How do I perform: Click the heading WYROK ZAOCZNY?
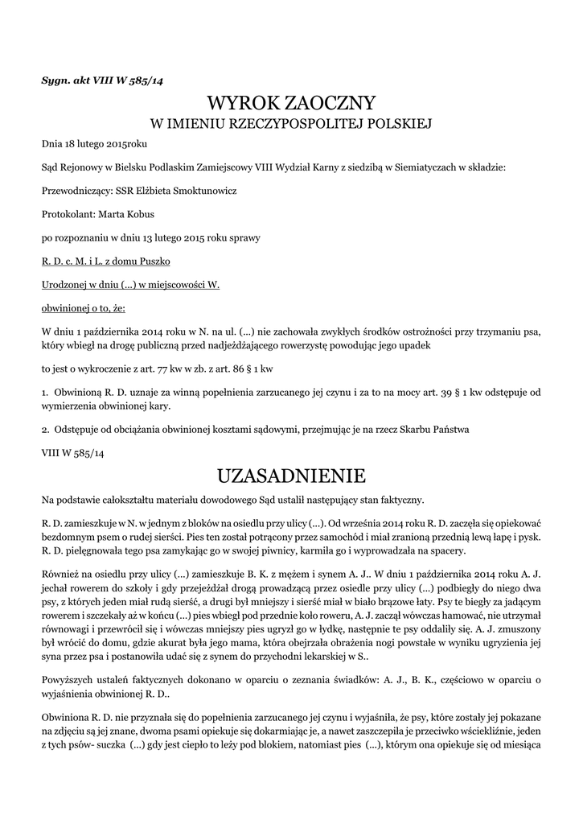pos(291,103)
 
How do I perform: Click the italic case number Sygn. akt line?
pos(103,79)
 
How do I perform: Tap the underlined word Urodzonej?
pos(63,285)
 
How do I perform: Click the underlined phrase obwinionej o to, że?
pos(83,308)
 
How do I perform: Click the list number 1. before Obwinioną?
pos(46,390)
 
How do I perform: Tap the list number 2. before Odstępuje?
pos(46,430)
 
